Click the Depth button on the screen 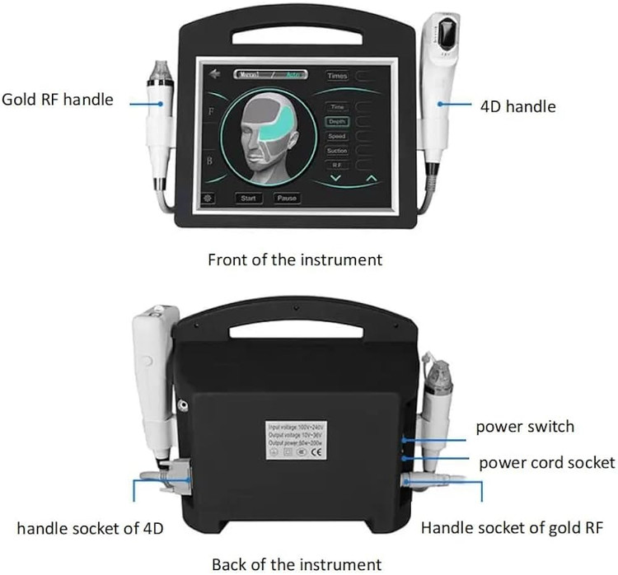click(337, 122)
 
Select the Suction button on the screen click(337, 151)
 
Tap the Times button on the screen click(338, 76)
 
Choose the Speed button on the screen click(337, 136)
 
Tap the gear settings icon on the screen click(208, 199)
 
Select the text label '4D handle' click(517, 106)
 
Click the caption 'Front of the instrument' click(295, 259)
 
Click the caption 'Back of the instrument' click(297, 564)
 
